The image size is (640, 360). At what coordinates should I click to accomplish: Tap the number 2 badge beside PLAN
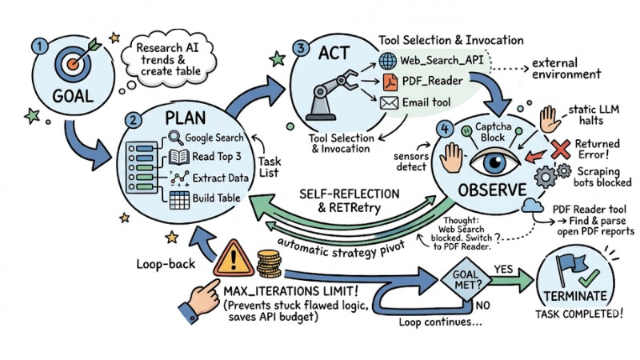coord(135,122)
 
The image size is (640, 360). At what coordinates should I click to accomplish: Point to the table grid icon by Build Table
coord(176,197)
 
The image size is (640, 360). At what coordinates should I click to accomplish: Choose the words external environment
coord(563,69)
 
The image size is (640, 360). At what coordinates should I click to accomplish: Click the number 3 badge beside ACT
coord(300,49)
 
